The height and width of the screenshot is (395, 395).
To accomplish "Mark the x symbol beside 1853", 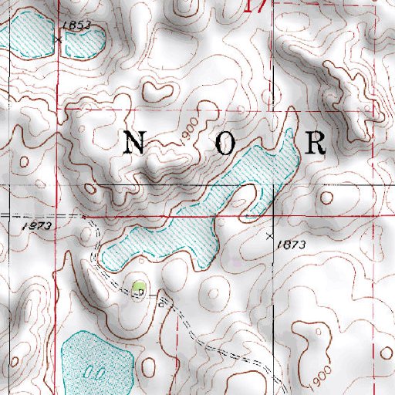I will pyautogui.click(x=58, y=37).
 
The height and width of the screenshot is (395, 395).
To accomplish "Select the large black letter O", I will pyautogui.click(x=225, y=144).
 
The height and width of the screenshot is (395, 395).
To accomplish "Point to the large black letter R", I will pyautogui.click(x=316, y=143).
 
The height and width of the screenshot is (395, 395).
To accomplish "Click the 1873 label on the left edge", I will pyautogui.click(x=36, y=226).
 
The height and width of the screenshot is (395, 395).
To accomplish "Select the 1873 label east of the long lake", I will pyautogui.click(x=293, y=245).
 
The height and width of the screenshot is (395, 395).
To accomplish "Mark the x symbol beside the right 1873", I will pyautogui.click(x=269, y=235).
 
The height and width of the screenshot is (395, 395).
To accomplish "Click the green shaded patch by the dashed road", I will pyautogui.click(x=139, y=288).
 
